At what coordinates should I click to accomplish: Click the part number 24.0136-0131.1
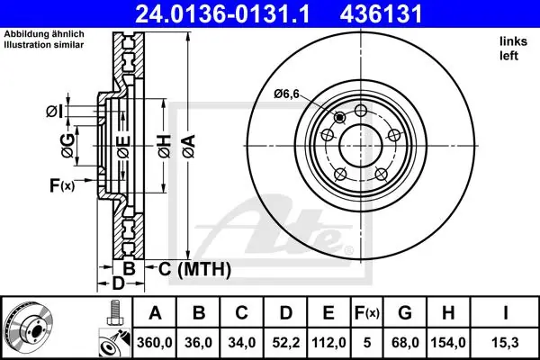pyautogui.click(x=222, y=14)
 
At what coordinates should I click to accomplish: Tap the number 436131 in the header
pyautogui.click(x=381, y=14)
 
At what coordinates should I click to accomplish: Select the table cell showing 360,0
pyautogui.click(x=155, y=342)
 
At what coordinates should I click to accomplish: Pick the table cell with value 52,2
pyautogui.click(x=286, y=342)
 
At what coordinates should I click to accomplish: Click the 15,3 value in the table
pyautogui.click(x=505, y=342)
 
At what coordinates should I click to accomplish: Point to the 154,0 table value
pyautogui.click(x=448, y=342)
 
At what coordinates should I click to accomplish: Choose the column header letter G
pyautogui.click(x=405, y=313)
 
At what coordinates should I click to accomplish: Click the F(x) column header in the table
pyautogui.click(x=367, y=313)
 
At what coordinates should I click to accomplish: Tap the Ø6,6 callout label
pyautogui.click(x=286, y=94)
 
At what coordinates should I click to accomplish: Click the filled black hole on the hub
pyautogui.click(x=340, y=118)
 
